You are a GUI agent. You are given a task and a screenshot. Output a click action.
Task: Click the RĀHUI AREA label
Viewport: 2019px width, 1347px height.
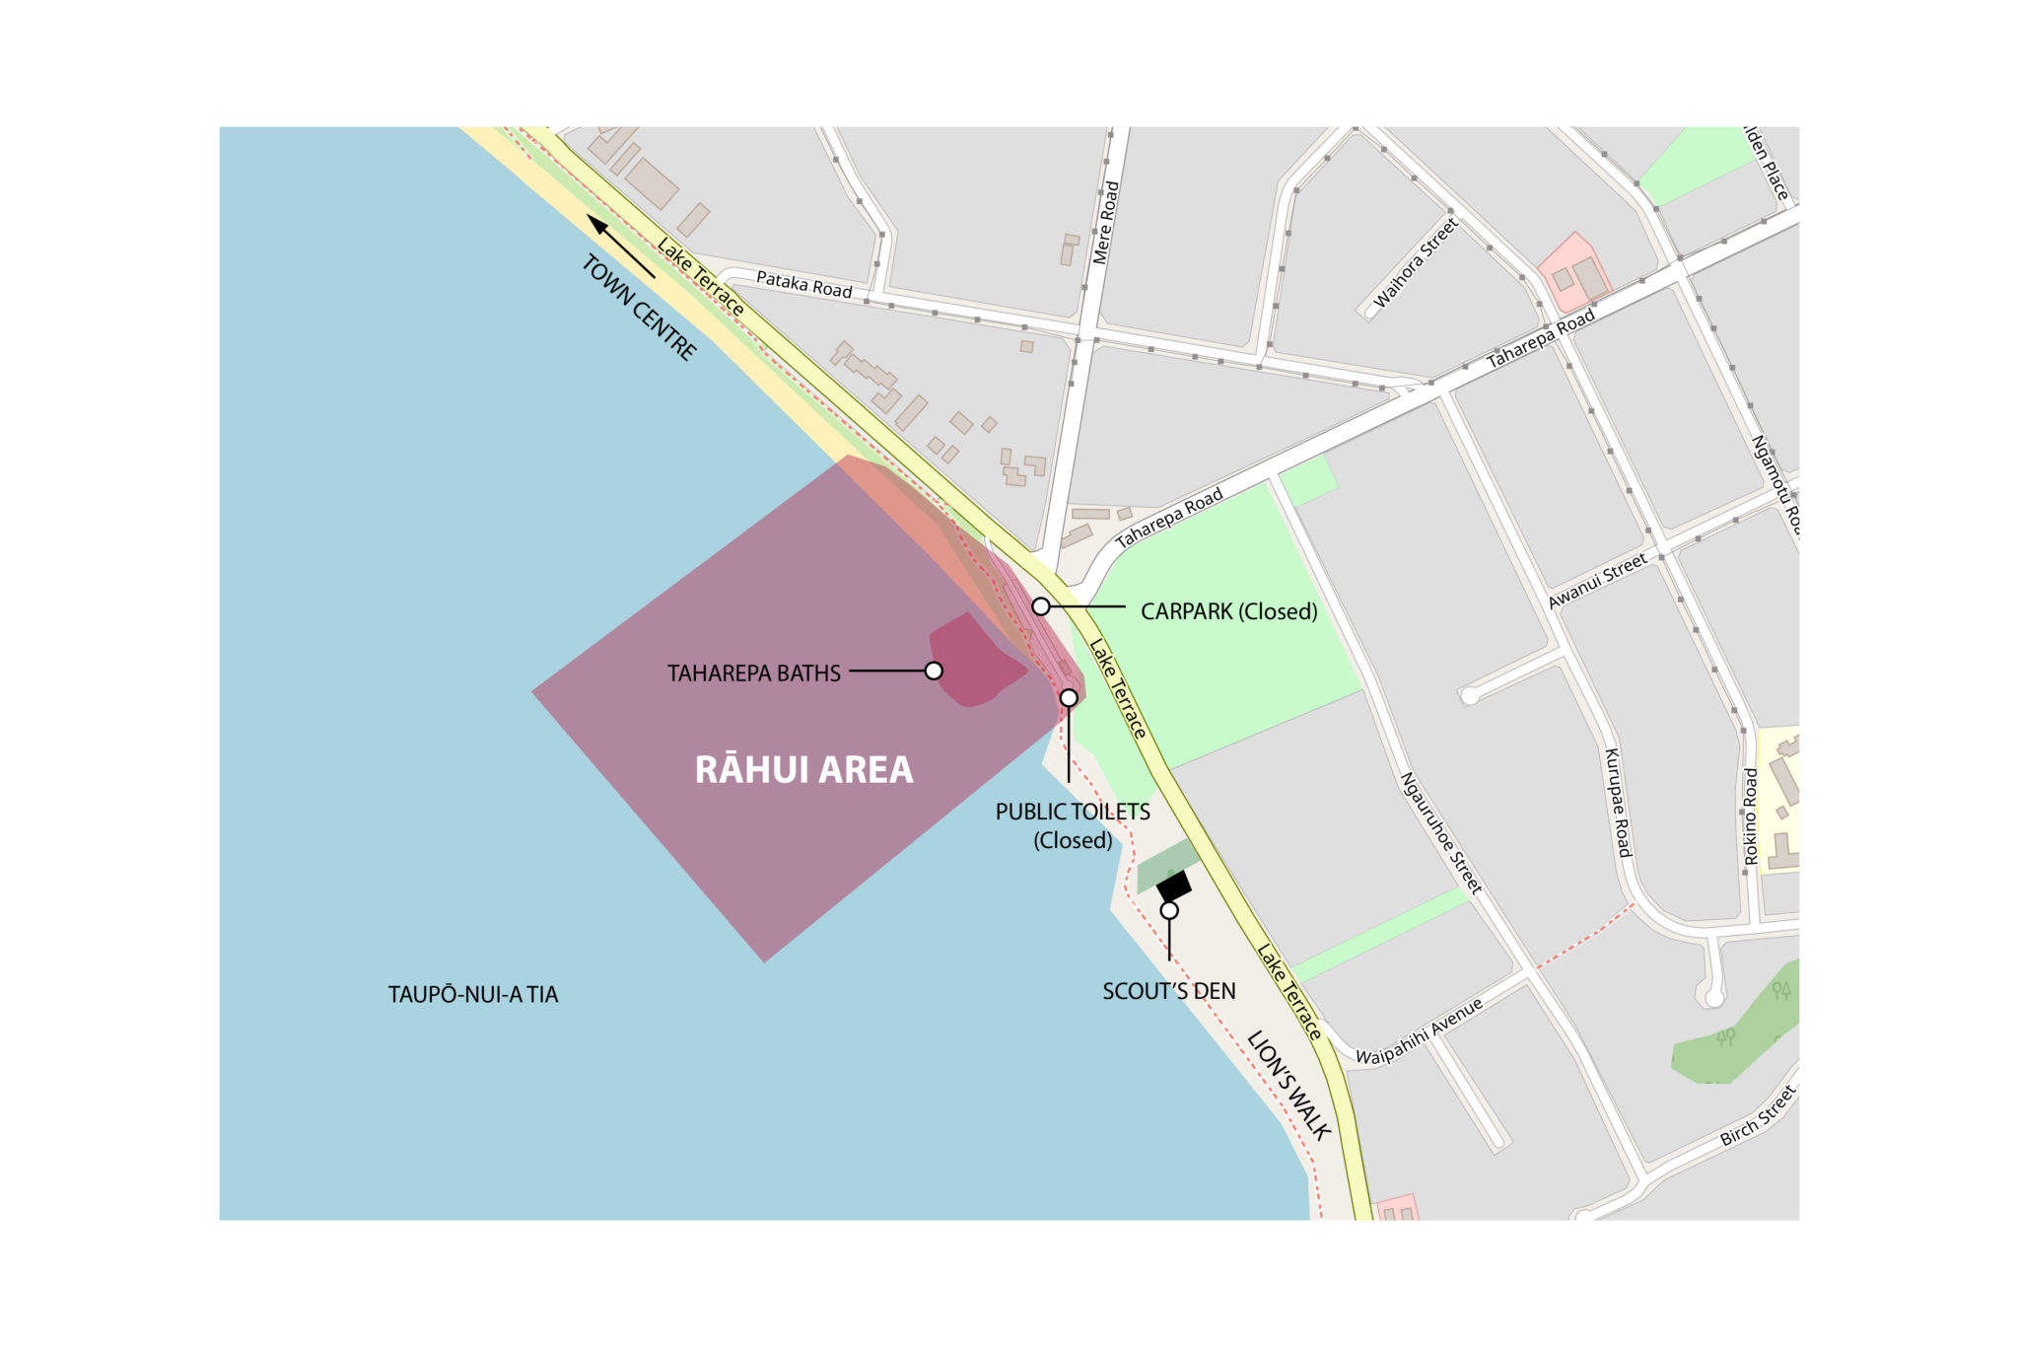pyautogui.click(x=803, y=770)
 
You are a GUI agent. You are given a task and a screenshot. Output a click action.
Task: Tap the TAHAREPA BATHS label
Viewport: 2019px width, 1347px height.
pyautogui.click(x=753, y=673)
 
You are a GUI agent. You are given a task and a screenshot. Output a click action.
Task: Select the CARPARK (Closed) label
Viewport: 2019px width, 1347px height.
pyautogui.click(x=1228, y=611)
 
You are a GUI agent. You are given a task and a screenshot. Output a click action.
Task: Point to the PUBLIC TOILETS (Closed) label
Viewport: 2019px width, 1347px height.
pyautogui.click(x=1073, y=825)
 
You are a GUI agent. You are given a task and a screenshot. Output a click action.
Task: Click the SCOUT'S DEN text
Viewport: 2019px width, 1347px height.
pyautogui.click(x=1168, y=991)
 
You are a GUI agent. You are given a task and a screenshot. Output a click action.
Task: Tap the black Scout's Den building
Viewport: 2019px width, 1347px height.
pyautogui.click(x=1174, y=886)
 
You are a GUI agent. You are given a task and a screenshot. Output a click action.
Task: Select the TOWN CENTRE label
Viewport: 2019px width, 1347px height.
pyautogui.click(x=640, y=308)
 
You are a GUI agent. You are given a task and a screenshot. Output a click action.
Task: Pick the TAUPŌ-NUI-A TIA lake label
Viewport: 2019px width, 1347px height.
pyautogui.click(x=473, y=994)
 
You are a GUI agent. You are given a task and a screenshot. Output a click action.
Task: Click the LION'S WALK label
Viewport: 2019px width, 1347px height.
pyautogui.click(x=1289, y=1085)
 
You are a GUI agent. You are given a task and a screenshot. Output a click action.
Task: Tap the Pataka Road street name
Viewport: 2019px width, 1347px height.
pyautogui.click(x=803, y=285)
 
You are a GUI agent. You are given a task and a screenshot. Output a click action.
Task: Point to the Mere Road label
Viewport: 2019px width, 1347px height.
pyautogui.click(x=1106, y=222)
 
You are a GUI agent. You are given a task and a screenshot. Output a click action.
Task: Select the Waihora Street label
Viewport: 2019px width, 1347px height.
pyautogui.click(x=1415, y=263)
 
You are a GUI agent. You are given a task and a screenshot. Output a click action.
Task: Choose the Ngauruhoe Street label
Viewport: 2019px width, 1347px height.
pyautogui.click(x=1440, y=833)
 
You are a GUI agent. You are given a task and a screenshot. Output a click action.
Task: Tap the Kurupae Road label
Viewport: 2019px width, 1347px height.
pyautogui.click(x=1618, y=803)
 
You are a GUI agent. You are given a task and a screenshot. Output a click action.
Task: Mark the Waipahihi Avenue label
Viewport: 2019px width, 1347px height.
pyautogui.click(x=1419, y=1032)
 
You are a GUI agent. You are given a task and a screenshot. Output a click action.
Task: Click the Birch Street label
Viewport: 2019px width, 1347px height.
pyautogui.click(x=1758, y=1115)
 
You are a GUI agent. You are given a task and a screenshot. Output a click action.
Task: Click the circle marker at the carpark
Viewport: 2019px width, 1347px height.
pyautogui.click(x=1041, y=606)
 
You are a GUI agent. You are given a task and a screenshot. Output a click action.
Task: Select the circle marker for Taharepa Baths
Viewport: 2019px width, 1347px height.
pyautogui.click(x=934, y=672)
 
